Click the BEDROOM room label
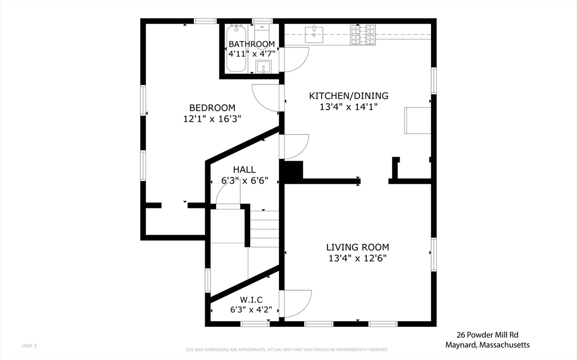pyautogui.click(x=212, y=108)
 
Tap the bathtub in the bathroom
pyautogui.click(x=236, y=48)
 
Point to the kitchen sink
pyautogui.click(x=314, y=34)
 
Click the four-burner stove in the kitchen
pyautogui.click(x=363, y=34)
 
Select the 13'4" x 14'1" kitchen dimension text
pyautogui.click(x=349, y=106)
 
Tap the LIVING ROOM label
pyautogui.click(x=358, y=247)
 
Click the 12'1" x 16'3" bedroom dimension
pyautogui.click(x=212, y=119)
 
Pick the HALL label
pyautogui.click(x=245, y=170)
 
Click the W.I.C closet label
pyautogui.click(x=251, y=300)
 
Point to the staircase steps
pyautogui.click(x=265, y=229)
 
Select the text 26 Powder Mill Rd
pyautogui.click(x=487, y=335)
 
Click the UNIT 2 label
pyautogui.click(x=29, y=346)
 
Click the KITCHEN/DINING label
pyautogui.click(x=349, y=96)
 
